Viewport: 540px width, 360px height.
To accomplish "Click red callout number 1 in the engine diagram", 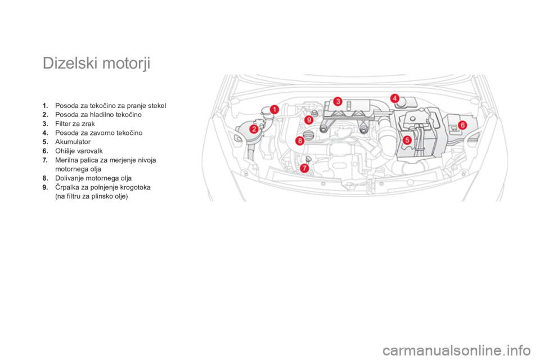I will tap(274, 109).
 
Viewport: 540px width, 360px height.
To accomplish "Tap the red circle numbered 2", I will tap(254, 129).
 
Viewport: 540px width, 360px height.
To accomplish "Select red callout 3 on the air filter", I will tap(337, 101).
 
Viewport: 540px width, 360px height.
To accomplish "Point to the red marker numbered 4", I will tap(395, 98).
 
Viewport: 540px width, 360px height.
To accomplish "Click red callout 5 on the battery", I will tap(407, 139).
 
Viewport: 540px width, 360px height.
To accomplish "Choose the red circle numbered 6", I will tap(462, 125).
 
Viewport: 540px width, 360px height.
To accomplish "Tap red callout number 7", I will tap(304, 168).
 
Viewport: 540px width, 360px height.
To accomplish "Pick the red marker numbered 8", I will tap(300, 139).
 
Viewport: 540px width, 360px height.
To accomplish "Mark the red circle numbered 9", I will tap(308, 120).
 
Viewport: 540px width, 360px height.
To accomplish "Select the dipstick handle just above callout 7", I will tap(309, 157).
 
